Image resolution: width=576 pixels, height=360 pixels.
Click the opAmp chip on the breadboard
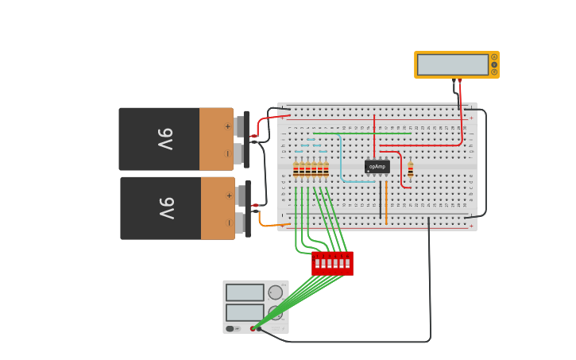tap(377, 167)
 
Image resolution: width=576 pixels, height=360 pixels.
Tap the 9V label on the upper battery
tap(164, 139)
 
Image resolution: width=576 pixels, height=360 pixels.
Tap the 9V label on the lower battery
tap(166, 208)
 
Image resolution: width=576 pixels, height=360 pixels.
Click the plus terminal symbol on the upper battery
tap(227, 126)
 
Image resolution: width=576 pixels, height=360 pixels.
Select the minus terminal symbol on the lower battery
tap(229, 223)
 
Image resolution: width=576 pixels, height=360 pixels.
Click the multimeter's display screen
tap(452, 64)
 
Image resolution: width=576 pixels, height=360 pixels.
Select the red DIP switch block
tap(332, 263)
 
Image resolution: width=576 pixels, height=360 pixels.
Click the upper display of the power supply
tap(245, 292)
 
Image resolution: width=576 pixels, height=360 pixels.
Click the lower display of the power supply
tap(245, 312)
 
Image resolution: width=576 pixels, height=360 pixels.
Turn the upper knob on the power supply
tap(276, 292)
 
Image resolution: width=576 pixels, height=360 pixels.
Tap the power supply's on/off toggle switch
tap(230, 328)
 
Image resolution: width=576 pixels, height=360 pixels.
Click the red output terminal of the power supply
tap(253, 328)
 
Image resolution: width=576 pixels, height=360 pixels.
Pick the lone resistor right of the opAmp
tap(410, 169)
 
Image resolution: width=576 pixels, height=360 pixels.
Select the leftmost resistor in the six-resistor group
tap(296, 169)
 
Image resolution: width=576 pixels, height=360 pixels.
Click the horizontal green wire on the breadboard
tap(361, 134)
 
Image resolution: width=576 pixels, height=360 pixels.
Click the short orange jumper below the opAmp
tap(386, 203)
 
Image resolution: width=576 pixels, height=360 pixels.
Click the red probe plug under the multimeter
tap(459, 81)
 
